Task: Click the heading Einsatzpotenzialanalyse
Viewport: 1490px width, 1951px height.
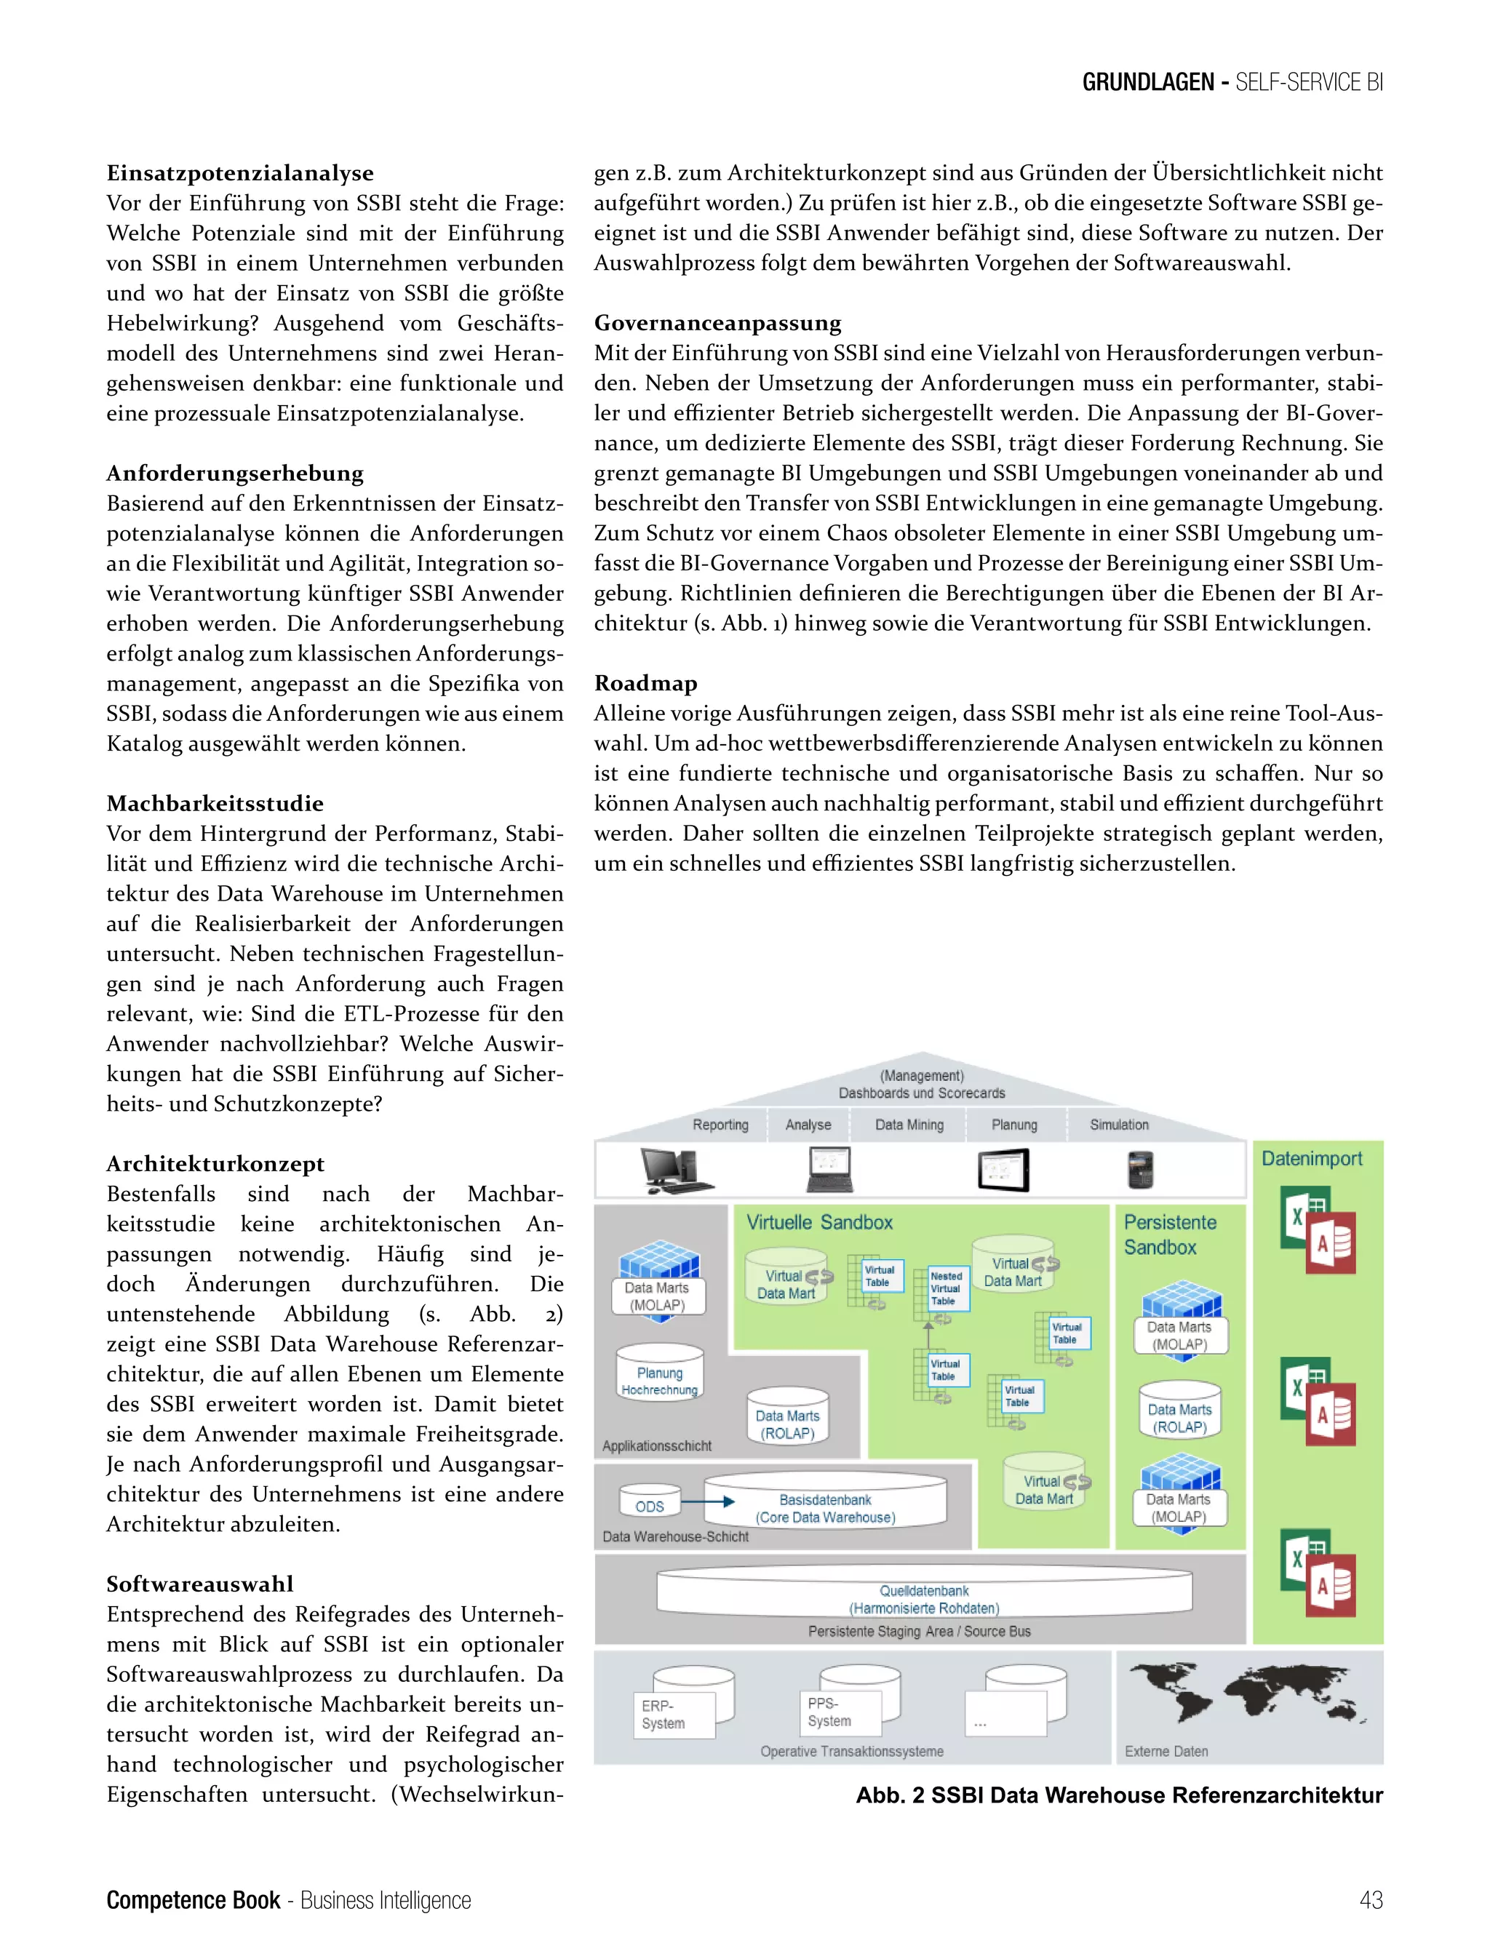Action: click(239, 173)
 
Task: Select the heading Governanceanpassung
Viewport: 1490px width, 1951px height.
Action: click(717, 323)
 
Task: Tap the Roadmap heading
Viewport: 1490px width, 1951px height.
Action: click(645, 683)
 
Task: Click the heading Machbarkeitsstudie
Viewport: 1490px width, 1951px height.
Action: click(215, 803)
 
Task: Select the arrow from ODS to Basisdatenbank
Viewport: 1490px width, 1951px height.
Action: click(708, 1501)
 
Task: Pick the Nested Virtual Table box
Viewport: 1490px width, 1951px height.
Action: click(948, 1288)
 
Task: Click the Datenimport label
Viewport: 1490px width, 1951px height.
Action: click(1311, 1158)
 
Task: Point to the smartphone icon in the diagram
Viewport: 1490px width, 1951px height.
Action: click(1139, 1169)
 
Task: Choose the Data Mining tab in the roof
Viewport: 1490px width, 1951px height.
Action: click(909, 1125)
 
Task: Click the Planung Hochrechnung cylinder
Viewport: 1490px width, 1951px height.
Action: click(659, 1376)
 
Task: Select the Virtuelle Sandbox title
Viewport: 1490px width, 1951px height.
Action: click(818, 1222)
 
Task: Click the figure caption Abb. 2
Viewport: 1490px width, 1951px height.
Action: click(1118, 1795)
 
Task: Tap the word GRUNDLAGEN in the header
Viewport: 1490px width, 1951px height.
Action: click(1147, 82)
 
